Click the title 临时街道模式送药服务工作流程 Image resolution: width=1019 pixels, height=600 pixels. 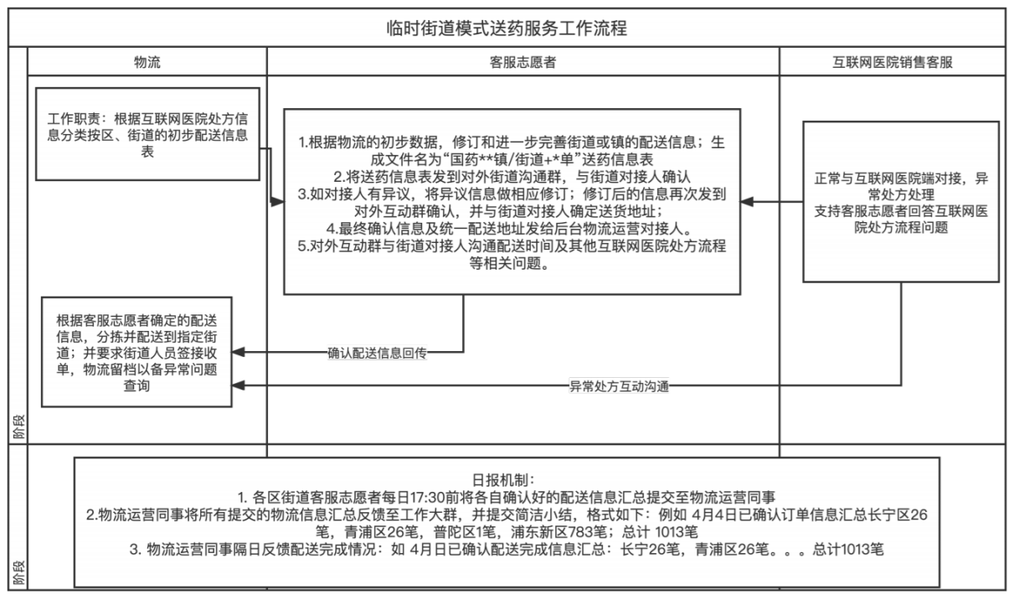(x=507, y=28)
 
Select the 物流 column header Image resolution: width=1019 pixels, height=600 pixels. (x=147, y=62)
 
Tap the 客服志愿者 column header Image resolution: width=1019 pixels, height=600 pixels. (x=522, y=62)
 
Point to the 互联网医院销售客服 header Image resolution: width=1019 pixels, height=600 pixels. (x=892, y=62)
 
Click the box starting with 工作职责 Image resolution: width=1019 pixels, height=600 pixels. (x=148, y=134)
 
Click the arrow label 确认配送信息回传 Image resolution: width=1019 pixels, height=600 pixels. (x=377, y=353)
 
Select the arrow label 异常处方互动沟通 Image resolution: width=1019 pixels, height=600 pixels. (x=619, y=386)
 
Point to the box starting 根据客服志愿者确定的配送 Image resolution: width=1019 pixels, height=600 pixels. (x=136, y=352)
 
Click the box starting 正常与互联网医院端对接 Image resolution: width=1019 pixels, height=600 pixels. (x=901, y=202)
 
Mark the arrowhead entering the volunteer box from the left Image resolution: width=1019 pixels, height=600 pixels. (x=277, y=202)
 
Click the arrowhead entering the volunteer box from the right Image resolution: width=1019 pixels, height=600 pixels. (x=747, y=202)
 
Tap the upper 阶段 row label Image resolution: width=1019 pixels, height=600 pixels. (x=18, y=427)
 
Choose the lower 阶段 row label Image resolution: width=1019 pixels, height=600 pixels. (x=18, y=572)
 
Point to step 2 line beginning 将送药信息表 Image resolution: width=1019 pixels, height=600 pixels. (x=512, y=177)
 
